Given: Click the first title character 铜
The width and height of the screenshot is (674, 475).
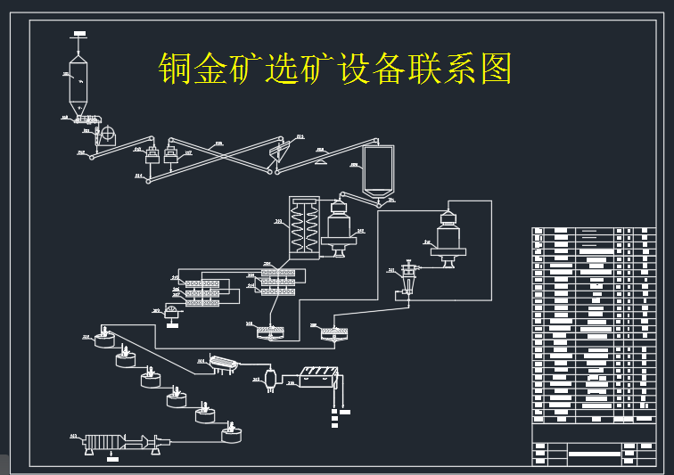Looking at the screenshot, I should click(x=177, y=68).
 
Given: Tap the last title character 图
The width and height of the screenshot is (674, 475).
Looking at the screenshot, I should click(x=496, y=68).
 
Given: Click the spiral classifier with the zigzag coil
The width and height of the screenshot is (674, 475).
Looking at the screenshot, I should click(x=303, y=227).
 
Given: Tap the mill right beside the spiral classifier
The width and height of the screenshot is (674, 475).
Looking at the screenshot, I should click(x=340, y=228).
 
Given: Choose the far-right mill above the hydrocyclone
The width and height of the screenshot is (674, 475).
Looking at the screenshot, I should click(x=448, y=236).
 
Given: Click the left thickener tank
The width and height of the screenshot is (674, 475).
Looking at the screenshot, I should click(x=270, y=332).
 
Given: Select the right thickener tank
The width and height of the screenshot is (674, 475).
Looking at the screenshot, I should click(x=333, y=334).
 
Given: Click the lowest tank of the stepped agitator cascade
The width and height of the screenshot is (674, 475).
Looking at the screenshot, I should click(x=231, y=434).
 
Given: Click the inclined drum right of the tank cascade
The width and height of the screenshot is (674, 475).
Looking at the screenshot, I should click(x=219, y=364).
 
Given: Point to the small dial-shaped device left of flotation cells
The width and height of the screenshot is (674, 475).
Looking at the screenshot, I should click(x=171, y=311).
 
